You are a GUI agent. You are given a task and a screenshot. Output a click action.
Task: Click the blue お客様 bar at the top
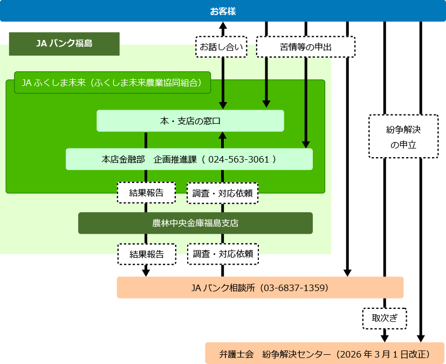tap(223, 11)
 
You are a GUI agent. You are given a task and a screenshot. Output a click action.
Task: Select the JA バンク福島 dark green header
tap(64, 44)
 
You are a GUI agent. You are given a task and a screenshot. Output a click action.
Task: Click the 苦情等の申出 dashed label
tap(305, 47)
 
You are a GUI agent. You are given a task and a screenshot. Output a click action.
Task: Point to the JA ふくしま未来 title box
tap(112, 83)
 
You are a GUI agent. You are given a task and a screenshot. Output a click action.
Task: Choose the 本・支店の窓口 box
tap(190, 120)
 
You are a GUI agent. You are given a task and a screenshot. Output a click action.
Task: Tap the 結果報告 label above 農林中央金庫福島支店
tap(146, 192)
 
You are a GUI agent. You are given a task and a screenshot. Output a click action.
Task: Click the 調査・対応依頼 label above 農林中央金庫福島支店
tap(222, 193)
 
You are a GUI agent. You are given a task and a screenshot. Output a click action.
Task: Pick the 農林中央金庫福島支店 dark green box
tap(195, 223)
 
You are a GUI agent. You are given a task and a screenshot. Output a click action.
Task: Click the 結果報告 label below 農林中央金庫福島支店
tap(146, 254)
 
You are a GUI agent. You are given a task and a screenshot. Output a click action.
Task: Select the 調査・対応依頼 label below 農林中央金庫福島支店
tap(222, 254)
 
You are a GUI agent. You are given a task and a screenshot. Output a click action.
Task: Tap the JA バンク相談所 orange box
tap(260, 287)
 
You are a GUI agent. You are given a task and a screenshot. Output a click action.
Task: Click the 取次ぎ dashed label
tap(384, 318)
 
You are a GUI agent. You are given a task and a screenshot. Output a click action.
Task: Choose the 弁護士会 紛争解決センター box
tap(325, 354)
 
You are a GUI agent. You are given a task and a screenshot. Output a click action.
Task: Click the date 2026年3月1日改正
tap(383, 354)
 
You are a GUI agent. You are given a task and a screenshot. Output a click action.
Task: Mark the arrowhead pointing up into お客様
tap(223, 25)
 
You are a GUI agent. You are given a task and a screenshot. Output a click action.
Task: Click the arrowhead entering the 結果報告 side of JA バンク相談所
tap(146, 272)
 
